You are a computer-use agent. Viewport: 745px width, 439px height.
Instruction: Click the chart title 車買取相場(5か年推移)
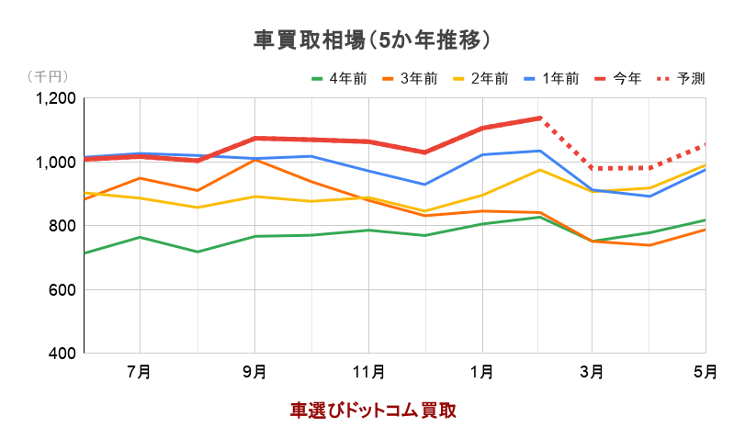[x=371, y=39]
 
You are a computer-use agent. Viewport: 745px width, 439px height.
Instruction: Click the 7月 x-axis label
[x=140, y=372]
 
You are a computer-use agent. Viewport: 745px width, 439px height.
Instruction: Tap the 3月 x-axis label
[x=593, y=372]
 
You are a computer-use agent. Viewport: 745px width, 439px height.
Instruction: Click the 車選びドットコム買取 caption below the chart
[x=373, y=410]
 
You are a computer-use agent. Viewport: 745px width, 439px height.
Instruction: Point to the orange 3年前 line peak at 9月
[x=254, y=160]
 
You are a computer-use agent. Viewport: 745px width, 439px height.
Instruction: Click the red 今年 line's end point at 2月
[x=538, y=118]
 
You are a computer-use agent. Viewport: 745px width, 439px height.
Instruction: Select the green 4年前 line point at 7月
[x=140, y=237]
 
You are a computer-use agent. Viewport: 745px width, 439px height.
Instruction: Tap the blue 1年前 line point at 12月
[x=423, y=185]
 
